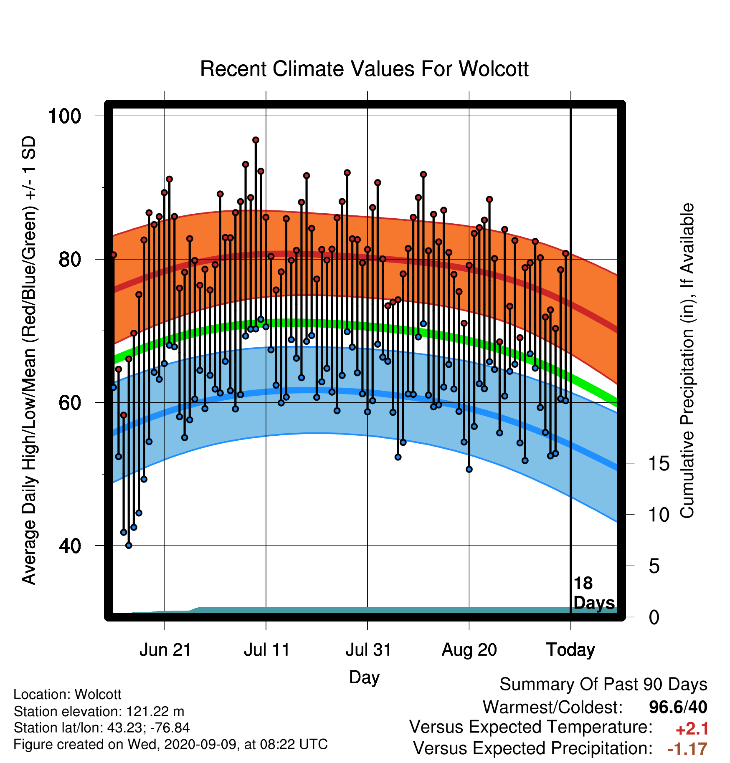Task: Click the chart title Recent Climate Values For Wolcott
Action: pos(364,69)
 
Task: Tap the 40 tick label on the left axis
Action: pos(70,546)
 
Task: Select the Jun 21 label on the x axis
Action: pos(165,650)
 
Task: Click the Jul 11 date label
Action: pos(266,650)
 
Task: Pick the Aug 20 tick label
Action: pos(469,650)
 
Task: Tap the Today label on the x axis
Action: pos(571,650)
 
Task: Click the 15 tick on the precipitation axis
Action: pos(659,463)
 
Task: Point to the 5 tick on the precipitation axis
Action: pos(654,566)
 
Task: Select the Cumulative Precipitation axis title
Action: pos(687,361)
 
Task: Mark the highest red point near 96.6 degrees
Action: pos(256,140)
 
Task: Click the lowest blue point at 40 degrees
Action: pos(129,546)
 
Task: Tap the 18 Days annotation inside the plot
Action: pos(594,593)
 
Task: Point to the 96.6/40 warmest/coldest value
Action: pos(678,707)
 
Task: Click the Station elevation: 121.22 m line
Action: pos(99,711)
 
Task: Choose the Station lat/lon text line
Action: pos(102,728)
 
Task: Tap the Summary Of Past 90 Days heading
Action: pos(603,685)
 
